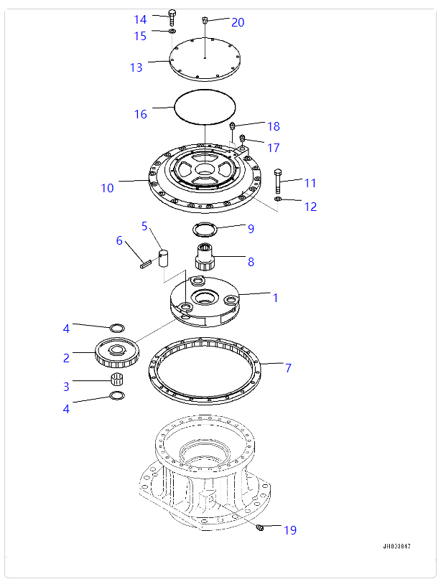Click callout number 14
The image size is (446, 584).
click(140, 19)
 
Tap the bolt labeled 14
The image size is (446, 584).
click(172, 17)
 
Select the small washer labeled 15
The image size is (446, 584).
click(172, 32)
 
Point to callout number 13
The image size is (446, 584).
click(136, 67)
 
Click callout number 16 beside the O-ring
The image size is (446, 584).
click(141, 114)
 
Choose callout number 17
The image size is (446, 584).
click(274, 148)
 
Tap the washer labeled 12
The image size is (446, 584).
click(279, 199)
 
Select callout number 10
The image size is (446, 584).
click(107, 188)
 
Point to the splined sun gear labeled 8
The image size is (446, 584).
click(207, 258)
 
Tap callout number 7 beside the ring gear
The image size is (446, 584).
click(288, 368)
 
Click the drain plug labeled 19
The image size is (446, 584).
click(260, 528)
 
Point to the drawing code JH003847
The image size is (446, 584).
click(396, 547)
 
